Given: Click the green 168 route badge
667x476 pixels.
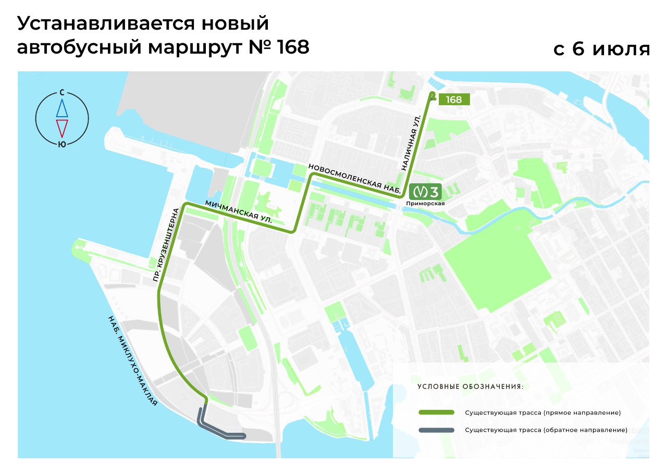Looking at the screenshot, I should [454, 99].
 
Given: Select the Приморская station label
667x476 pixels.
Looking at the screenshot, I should [426, 204].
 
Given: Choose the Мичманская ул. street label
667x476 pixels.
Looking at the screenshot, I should [239, 212].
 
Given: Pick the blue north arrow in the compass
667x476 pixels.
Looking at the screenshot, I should [62, 108].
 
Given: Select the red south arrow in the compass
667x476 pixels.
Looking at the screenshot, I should [62, 128].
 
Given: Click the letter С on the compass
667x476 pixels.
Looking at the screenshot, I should [62, 93].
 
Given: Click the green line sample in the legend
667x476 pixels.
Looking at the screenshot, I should [436, 413].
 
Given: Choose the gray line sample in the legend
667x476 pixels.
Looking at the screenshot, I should [436, 430].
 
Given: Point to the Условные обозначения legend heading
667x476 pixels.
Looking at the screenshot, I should [470, 387].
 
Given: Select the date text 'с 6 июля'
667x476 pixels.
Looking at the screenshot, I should [601, 49].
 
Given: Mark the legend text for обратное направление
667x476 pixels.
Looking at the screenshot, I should [546, 430].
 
